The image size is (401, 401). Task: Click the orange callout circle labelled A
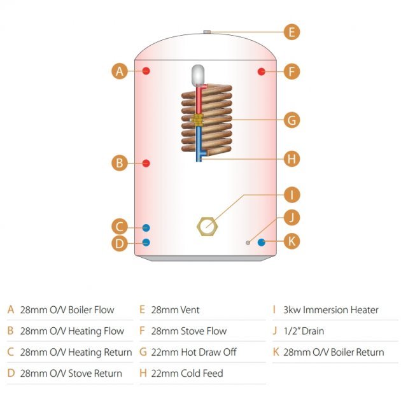coord(119,71)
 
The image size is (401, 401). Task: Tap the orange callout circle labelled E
coord(291,32)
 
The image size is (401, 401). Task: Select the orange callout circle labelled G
coord(291,120)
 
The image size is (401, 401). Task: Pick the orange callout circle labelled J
coord(291,218)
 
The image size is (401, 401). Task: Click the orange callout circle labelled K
coord(291,242)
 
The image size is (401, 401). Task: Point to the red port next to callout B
coord(146,163)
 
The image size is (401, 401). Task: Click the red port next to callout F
coord(262,71)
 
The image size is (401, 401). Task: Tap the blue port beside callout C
coord(146,227)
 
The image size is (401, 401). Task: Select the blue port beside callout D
coord(146,242)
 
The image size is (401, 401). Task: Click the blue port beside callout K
coord(262,242)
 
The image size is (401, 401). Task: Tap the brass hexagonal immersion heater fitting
coord(206,225)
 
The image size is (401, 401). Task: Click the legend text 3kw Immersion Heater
coord(331,310)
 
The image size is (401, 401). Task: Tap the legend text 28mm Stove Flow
coord(188,331)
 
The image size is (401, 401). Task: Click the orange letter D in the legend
coord(10,373)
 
